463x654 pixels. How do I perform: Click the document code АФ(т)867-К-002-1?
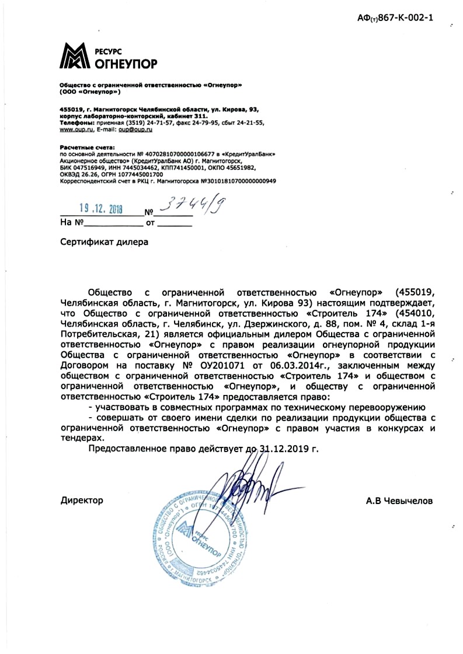(x=395, y=18)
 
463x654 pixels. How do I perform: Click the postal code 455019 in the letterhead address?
(x=71, y=110)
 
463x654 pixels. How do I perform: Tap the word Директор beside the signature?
(x=82, y=500)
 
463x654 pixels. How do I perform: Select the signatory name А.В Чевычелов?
(x=399, y=500)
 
